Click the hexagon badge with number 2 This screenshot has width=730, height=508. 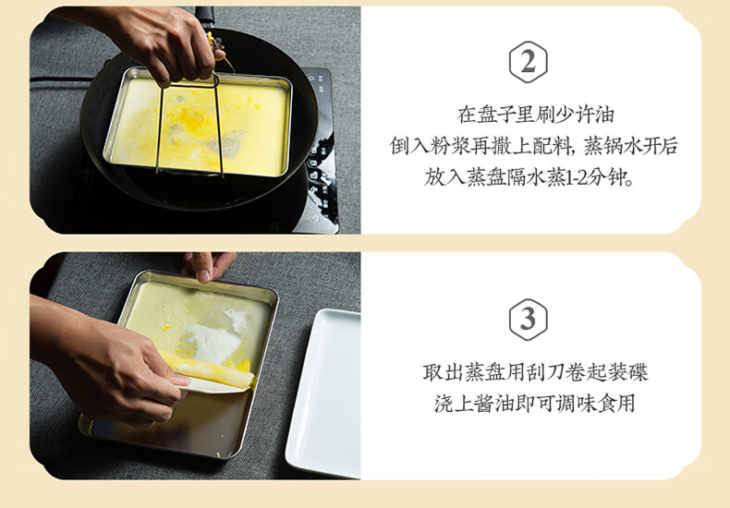[x=528, y=62]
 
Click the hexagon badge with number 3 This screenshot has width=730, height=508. [x=528, y=320]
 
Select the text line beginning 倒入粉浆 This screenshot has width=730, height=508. [x=533, y=146]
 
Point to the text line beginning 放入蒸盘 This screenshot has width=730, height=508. [x=529, y=176]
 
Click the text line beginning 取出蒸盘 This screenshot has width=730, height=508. [x=535, y=372]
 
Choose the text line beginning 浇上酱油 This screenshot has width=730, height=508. [x=535, y=404]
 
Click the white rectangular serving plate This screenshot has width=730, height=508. [x=324, y=393]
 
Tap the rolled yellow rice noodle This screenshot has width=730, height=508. [x=210, y=369]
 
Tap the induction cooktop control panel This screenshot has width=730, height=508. [x=322, y=149]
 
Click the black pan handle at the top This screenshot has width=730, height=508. [x=204, y=18]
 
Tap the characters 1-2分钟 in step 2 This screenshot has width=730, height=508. [x=599, y=177]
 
